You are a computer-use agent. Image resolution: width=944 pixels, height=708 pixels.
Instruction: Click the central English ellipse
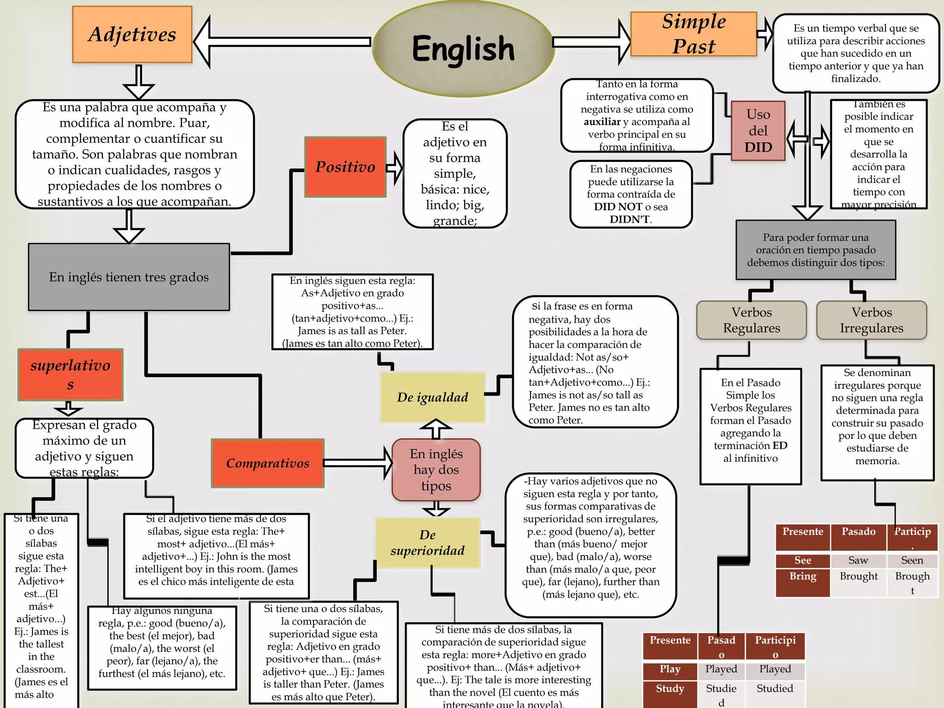tap(463, 48)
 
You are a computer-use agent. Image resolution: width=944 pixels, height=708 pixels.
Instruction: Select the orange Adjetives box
tap(132, 35)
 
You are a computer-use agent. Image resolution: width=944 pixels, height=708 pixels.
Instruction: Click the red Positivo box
tap(345, 167)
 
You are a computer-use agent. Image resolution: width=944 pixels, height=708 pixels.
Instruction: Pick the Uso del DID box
tap(758, 131)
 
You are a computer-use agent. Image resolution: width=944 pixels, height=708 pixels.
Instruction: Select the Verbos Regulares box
tap(751, 320)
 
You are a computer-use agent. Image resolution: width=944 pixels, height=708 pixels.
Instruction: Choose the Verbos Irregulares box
tap(871, 320)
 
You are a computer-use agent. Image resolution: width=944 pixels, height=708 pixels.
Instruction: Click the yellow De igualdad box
tap(432, 397)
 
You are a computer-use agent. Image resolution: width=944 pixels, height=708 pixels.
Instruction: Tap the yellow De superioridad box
tap(427, 543)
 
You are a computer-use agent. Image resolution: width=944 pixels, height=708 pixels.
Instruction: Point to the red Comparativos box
tap(268, 463)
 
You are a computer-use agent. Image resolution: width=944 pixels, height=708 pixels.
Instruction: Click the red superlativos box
tap(71, 375)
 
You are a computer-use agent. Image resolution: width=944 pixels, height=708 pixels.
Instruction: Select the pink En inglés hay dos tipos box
tap(436, 470)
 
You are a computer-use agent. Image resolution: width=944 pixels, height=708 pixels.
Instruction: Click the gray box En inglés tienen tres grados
tap(129, 277)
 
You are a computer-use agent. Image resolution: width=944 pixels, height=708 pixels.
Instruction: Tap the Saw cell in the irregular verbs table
tap(858, 560)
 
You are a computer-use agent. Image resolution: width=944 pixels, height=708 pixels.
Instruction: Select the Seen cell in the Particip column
tap(912, 560)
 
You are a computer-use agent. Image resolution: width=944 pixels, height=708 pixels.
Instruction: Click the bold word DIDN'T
tap(630, 219)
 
